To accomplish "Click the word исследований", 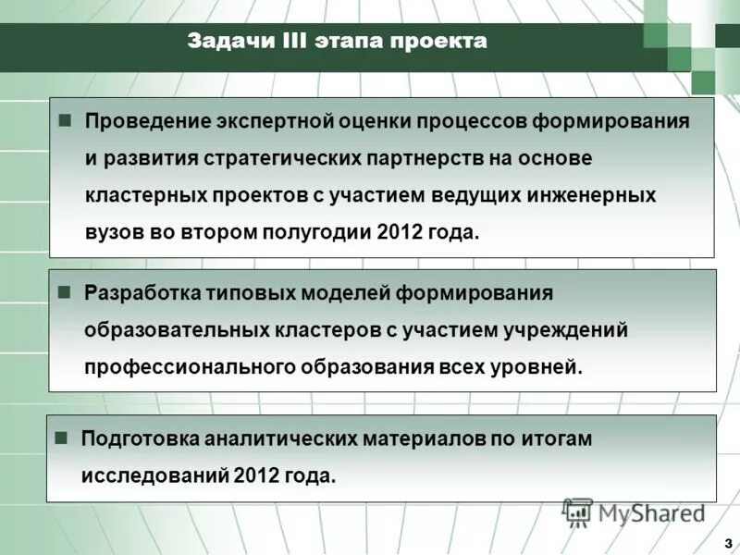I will point(154,475).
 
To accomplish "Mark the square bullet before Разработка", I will point(65,292).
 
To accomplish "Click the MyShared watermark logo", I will point(635,512).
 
